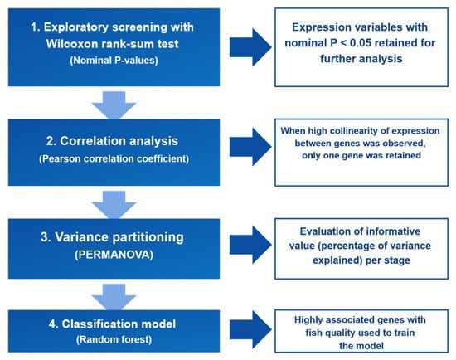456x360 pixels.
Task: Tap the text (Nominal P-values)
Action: [x=114, y=61]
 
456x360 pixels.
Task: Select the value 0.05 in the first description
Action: [x=361, y=43]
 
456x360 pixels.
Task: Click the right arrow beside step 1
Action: [x=250, y=47]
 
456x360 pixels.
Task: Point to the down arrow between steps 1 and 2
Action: [x=114, y=105]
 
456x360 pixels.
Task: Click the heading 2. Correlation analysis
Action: [x=112, y=141]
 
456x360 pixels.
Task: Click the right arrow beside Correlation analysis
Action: [x=250, y=147]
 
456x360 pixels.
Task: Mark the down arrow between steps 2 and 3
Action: [x=114, y=205]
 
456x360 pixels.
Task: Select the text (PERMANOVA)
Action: [x=114, y=255]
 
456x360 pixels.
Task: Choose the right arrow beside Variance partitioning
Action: [x=250, y=245]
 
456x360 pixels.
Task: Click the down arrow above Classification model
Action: [x=114, y=297]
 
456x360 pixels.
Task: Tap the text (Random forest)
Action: [x=114, y=339]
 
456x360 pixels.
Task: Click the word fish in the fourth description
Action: [x=312, y=333]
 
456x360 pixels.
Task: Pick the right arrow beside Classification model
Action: [x=250, y=329]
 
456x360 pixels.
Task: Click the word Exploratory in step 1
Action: [x=76, y=27]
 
